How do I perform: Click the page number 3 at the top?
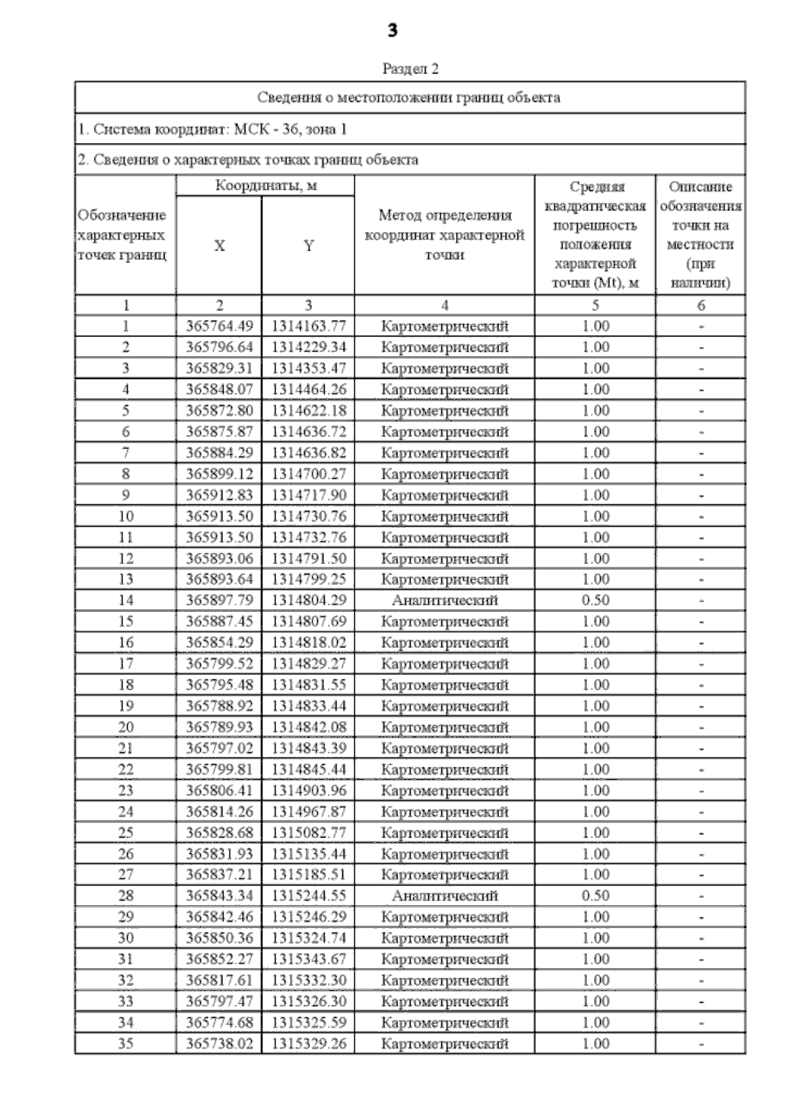click(392, 30)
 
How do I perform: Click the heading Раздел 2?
click(410, 68)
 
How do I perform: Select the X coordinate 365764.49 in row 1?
click(219, 326)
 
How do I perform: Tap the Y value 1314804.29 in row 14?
click(308, 600)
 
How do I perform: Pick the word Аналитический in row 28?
click(445, 896)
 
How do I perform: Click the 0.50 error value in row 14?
click(595, 600)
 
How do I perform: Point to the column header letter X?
click(219, 246)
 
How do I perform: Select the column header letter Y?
click(308, 246)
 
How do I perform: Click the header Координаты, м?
click(266, 186)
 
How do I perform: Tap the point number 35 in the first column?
click(125, 1043)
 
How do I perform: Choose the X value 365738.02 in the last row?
click(219, 1043)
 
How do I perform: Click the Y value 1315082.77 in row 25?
click(308, 833)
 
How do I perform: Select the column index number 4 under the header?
click(445, 305)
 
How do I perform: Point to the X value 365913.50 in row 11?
click(219, 537)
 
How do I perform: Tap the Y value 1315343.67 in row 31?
click(308, 960)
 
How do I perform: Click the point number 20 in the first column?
click(125, 727)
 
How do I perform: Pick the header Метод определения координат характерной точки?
click(445, 235)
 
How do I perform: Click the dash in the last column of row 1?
click(701, 327)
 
